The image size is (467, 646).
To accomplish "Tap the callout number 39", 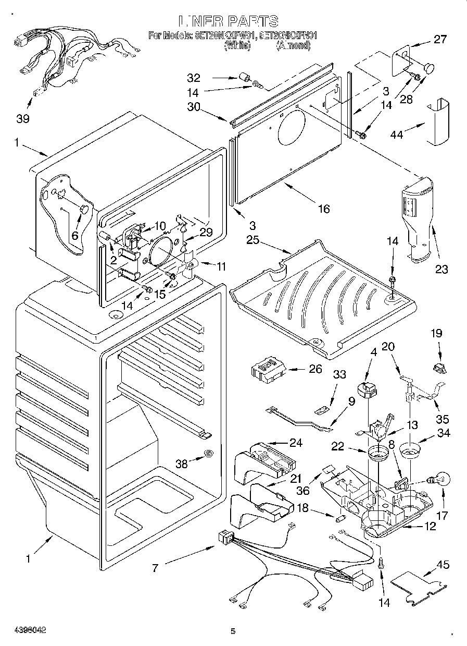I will pyautogui.click(x=22, y=118).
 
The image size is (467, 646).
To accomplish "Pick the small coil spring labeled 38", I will pyautogui.click(x=208, y=454).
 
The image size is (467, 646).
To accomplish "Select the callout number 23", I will pyautogui.click(x=441, y=269).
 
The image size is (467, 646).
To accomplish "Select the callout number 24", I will pyautogui.click(x=296, y=443).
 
